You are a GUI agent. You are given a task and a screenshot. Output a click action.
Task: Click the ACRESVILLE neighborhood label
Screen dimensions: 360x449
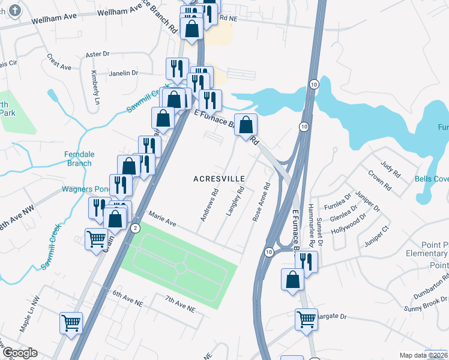pos(219,179)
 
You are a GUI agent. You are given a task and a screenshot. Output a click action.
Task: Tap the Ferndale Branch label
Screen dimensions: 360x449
pos(79,158)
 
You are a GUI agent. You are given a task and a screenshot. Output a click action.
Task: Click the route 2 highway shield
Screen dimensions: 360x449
pos(136,227)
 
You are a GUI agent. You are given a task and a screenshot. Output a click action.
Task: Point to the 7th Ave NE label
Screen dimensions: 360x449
pos(181,304)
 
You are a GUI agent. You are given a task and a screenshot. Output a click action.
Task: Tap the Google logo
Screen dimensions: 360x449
pos(19,353)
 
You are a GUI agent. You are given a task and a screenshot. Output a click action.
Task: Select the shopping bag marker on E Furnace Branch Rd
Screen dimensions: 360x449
pos(246,126)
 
